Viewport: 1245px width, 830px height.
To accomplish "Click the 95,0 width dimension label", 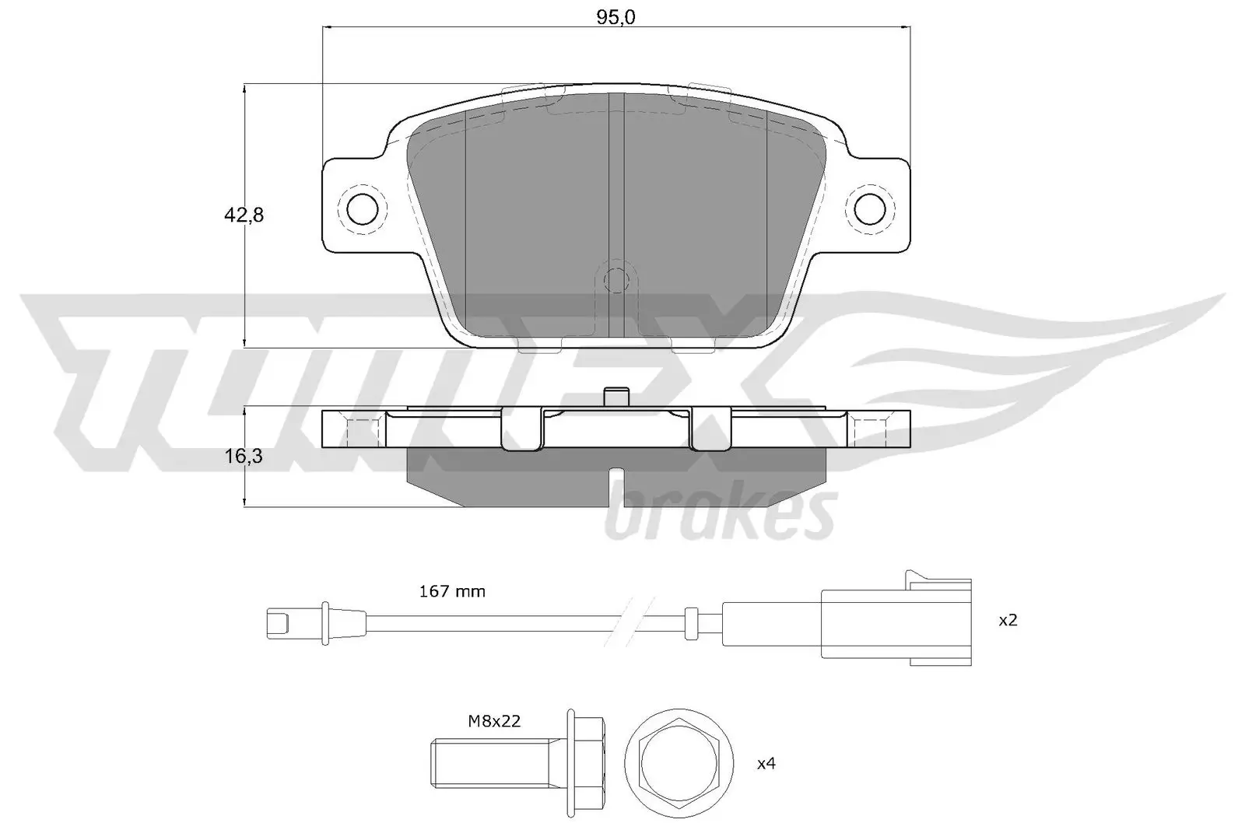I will pyautogui.click(x=615, y=17).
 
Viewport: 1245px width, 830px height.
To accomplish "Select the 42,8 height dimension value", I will pyautogui.click(x=244, y=215).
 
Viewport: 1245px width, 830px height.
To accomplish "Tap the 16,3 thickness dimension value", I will pyautogui.click(x=244, y=457).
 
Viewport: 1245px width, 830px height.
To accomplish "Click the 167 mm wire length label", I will pyautogui.click(x=452, y=591).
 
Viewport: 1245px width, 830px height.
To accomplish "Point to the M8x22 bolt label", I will pyautogui.click(x=494, y=721).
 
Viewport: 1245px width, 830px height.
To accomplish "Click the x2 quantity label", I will pyautogui.click(x=1008, y=621).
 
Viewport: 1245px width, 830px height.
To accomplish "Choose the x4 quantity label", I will pyautogui.click(x=766, y=763).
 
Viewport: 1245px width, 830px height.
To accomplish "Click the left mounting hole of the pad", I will pyautogui.click(x=361, y=208).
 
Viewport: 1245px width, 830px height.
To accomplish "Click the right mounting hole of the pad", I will pyautogui.click(x=870, y=208).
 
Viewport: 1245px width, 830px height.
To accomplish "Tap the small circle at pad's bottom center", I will pyautogui.click(x=615, y=278).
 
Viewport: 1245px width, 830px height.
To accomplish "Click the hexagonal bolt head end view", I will pyautogui.click(x=680, y=763).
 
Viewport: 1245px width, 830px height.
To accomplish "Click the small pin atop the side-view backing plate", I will pyautogui.click(x=615, y=396).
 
